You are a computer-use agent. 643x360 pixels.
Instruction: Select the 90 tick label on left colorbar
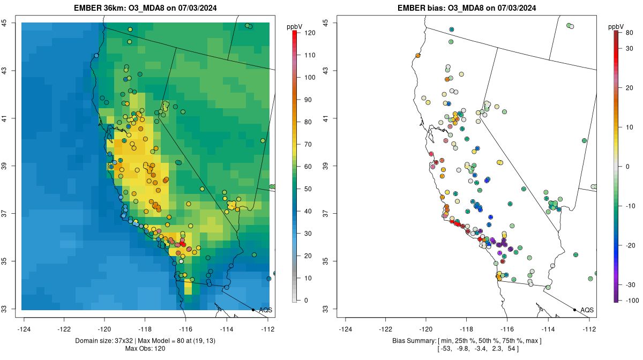coord(308,100)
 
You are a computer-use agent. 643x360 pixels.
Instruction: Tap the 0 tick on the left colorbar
coord(306,300)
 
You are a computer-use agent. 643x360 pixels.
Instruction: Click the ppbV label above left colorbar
coord(294,26)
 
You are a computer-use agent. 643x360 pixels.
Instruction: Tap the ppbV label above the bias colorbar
coord(617,26)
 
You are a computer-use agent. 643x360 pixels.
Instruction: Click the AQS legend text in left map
coord(265,310)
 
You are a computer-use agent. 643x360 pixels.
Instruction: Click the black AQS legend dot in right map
coord(574,310)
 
